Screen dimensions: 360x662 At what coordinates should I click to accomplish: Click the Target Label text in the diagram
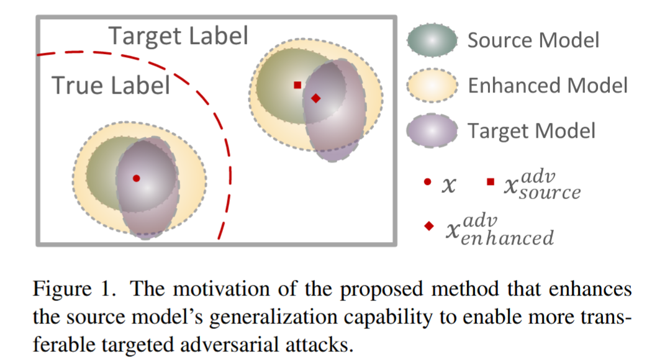(179, 36)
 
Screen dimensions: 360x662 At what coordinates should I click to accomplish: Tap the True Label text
(111, 85)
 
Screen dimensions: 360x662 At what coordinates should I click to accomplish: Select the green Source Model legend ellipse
(432, 40)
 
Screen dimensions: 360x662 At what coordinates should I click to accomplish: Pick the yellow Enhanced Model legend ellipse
(432, 85)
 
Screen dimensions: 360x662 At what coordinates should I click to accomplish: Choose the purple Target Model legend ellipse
(432, 130)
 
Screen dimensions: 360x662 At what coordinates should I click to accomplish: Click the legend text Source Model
(533, 40)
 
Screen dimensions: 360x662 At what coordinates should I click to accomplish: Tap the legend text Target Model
(532, 130)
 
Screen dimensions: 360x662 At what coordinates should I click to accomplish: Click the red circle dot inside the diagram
(136, 178)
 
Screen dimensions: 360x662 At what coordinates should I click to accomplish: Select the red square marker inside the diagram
(297, 85)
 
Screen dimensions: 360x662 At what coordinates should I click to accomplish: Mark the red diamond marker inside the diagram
(315, 98)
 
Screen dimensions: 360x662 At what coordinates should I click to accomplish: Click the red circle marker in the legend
(427, 182)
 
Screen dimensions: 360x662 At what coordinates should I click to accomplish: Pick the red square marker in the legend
(491, 182)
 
